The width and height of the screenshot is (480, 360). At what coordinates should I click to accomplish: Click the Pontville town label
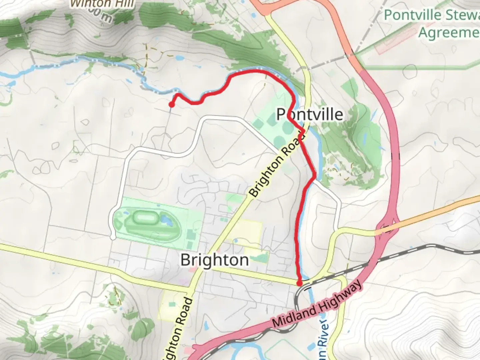(310, 114)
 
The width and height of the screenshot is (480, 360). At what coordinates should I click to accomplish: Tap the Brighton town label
(214, 260)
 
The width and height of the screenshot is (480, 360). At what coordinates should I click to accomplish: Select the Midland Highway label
(316, 304)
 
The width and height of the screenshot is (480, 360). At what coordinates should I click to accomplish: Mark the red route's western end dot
(171, 105)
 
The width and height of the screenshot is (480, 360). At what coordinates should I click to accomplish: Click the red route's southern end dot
(299, 283)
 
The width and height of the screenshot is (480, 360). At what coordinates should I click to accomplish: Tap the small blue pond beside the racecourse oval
(165, 219)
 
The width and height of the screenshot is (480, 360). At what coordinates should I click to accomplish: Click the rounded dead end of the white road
(113, 237)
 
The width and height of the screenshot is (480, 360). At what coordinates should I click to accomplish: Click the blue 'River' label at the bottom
(324, 328)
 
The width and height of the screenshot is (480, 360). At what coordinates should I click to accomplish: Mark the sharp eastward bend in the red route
(314, 174)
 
